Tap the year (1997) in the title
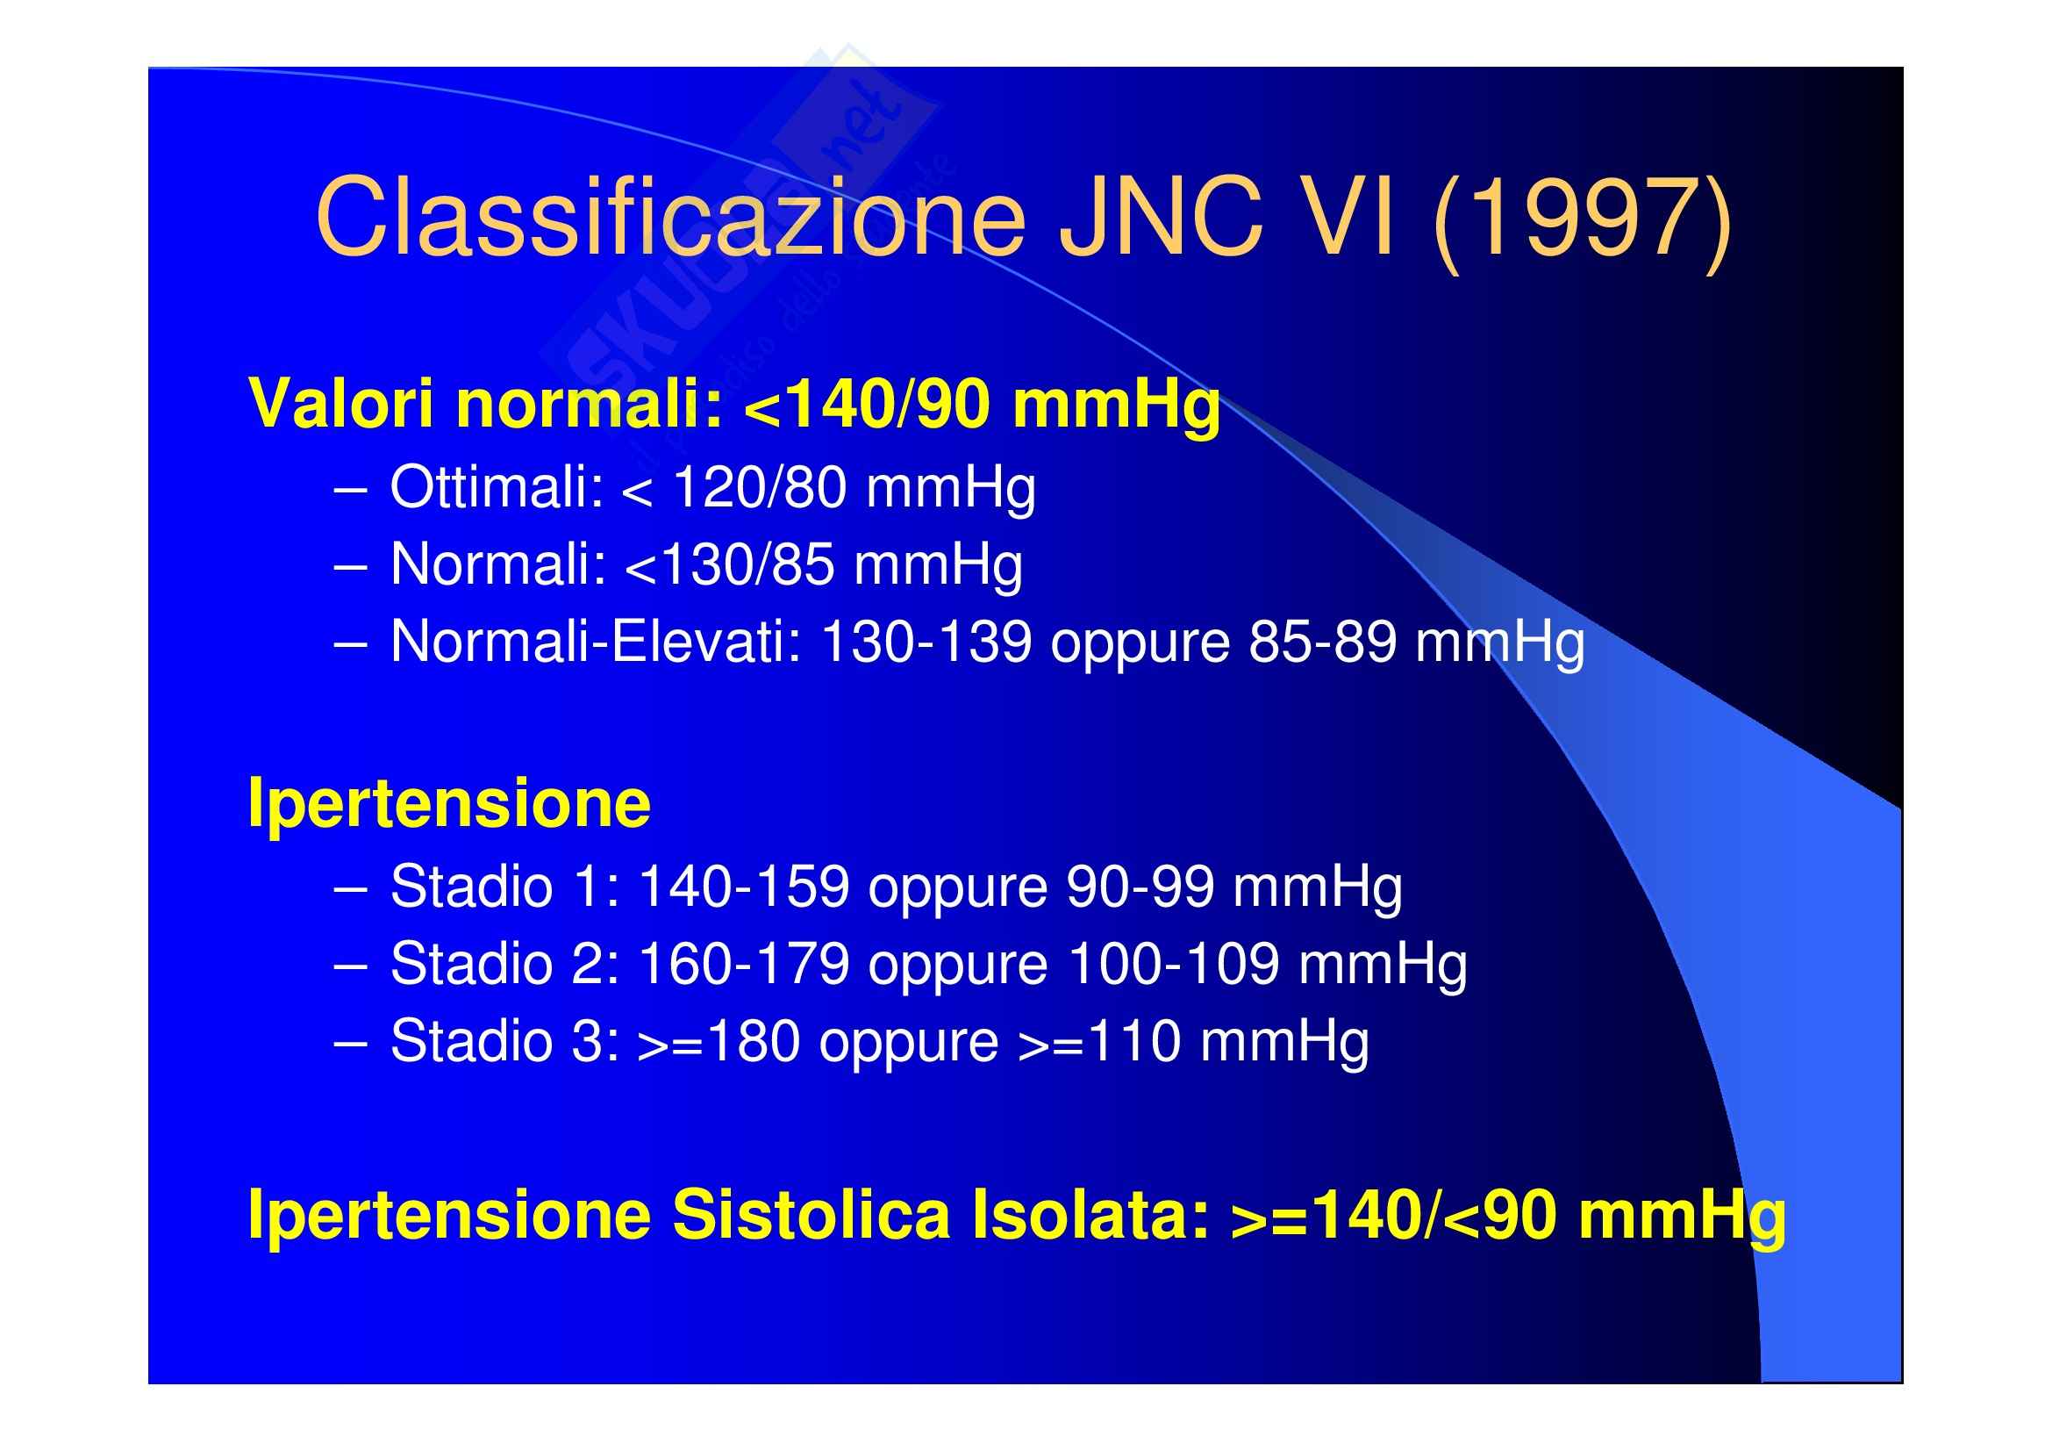point(1582,221)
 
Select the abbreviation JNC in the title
point(1160,217)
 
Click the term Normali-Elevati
point(596,642)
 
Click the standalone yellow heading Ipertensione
point(448,803)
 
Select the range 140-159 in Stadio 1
point(744,887)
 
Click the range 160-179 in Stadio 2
point(744,964)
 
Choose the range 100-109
point(1174,964)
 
